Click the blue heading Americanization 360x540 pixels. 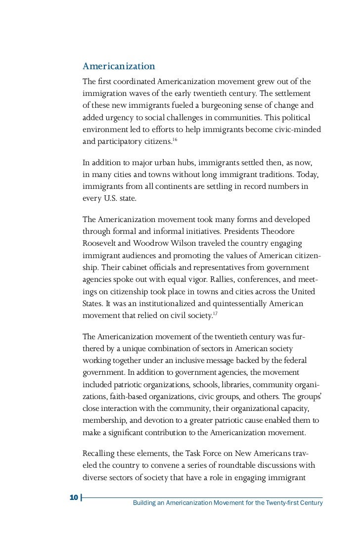click(x=119, y=66)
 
